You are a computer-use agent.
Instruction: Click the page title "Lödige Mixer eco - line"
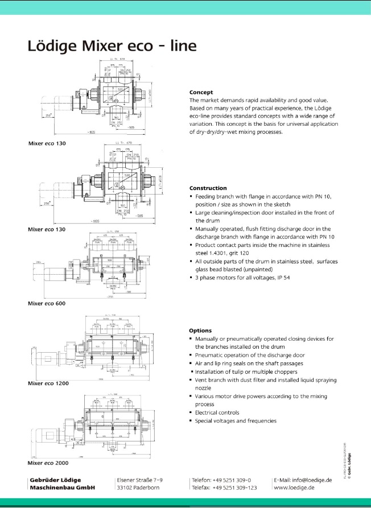coord(112,46)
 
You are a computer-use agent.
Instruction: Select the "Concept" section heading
coord(201,92)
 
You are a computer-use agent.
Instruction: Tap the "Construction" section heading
coord(208,188)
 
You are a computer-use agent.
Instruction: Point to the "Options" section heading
coord(200,331)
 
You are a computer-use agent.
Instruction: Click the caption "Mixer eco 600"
coord(47,304)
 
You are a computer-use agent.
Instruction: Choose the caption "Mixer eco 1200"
coord(48,383)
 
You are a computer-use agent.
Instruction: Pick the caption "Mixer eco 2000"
coord(48,462)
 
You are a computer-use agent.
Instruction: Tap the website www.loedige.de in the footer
coord(295,488)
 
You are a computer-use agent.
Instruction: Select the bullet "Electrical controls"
coord(217,412)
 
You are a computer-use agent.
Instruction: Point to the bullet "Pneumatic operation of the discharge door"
coord(250,355)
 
